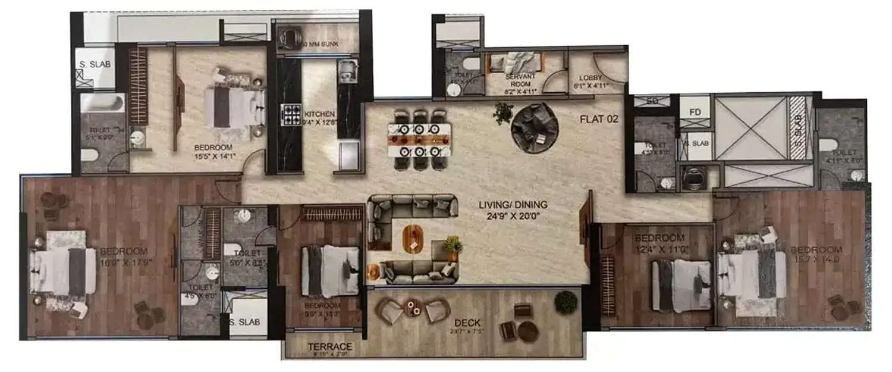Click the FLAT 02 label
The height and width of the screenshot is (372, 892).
click(x=599, y=119)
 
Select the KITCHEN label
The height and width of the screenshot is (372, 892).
click(x=319, y=114)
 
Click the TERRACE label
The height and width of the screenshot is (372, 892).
click(x=329, y=346)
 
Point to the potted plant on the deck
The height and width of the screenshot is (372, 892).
click(x=566, y=302)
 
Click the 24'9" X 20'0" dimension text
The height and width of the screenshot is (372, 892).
click(x=513, y=217)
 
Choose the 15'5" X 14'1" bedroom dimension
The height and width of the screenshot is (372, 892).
click(x=213, y=157)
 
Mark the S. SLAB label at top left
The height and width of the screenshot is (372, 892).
click(x=92, y=65)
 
